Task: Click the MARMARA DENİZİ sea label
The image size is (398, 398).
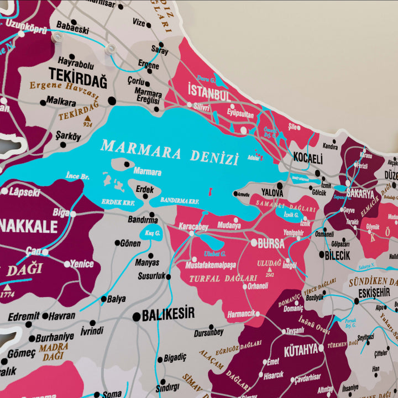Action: (170, 152)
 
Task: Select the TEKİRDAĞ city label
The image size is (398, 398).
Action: (77, 76)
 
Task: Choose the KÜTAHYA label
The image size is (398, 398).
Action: (301, 349)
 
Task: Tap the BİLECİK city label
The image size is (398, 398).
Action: (338, 255)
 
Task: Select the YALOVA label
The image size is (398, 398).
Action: (272, 193)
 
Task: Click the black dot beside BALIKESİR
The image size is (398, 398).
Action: (137, 316)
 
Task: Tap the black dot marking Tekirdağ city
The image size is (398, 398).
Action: (112, 101)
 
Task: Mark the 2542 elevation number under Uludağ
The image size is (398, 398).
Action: (270, 275)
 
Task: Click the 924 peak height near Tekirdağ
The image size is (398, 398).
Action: (87, 125)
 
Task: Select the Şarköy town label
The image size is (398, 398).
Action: (68, 136)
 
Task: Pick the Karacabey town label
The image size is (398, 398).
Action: (193, 226)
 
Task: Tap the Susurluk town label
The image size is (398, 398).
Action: (151, 275)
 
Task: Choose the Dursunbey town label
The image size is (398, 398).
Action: (208, 333)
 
